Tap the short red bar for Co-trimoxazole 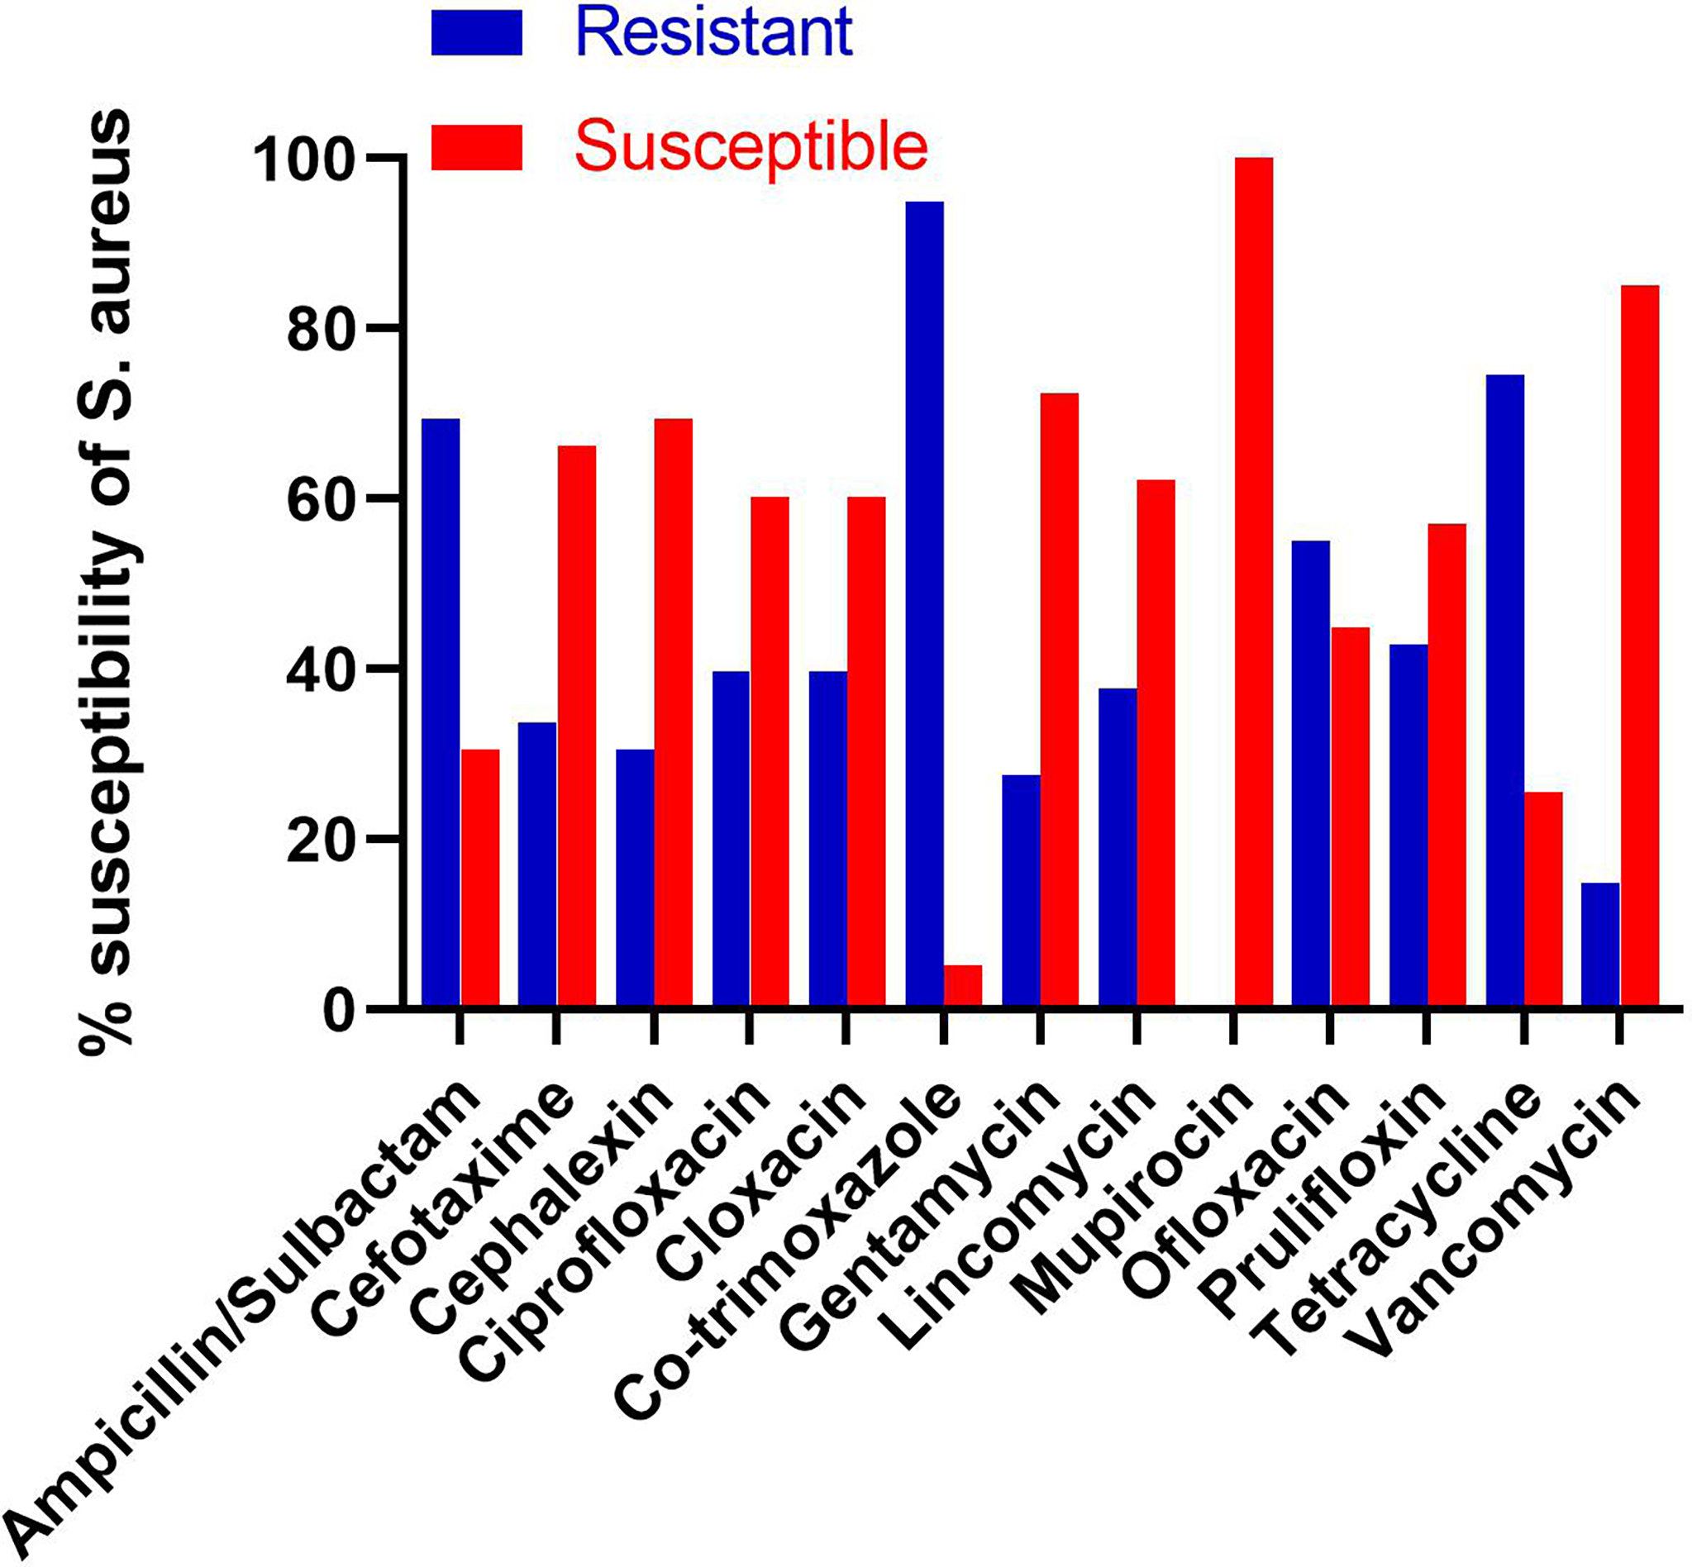[963, 986]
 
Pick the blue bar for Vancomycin [1600, 945]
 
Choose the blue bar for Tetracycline [1504, 690]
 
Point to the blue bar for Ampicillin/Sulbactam [441, 712]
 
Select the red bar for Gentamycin [1060, 699]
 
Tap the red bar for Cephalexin [673, 712]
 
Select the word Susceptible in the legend [751, 145]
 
